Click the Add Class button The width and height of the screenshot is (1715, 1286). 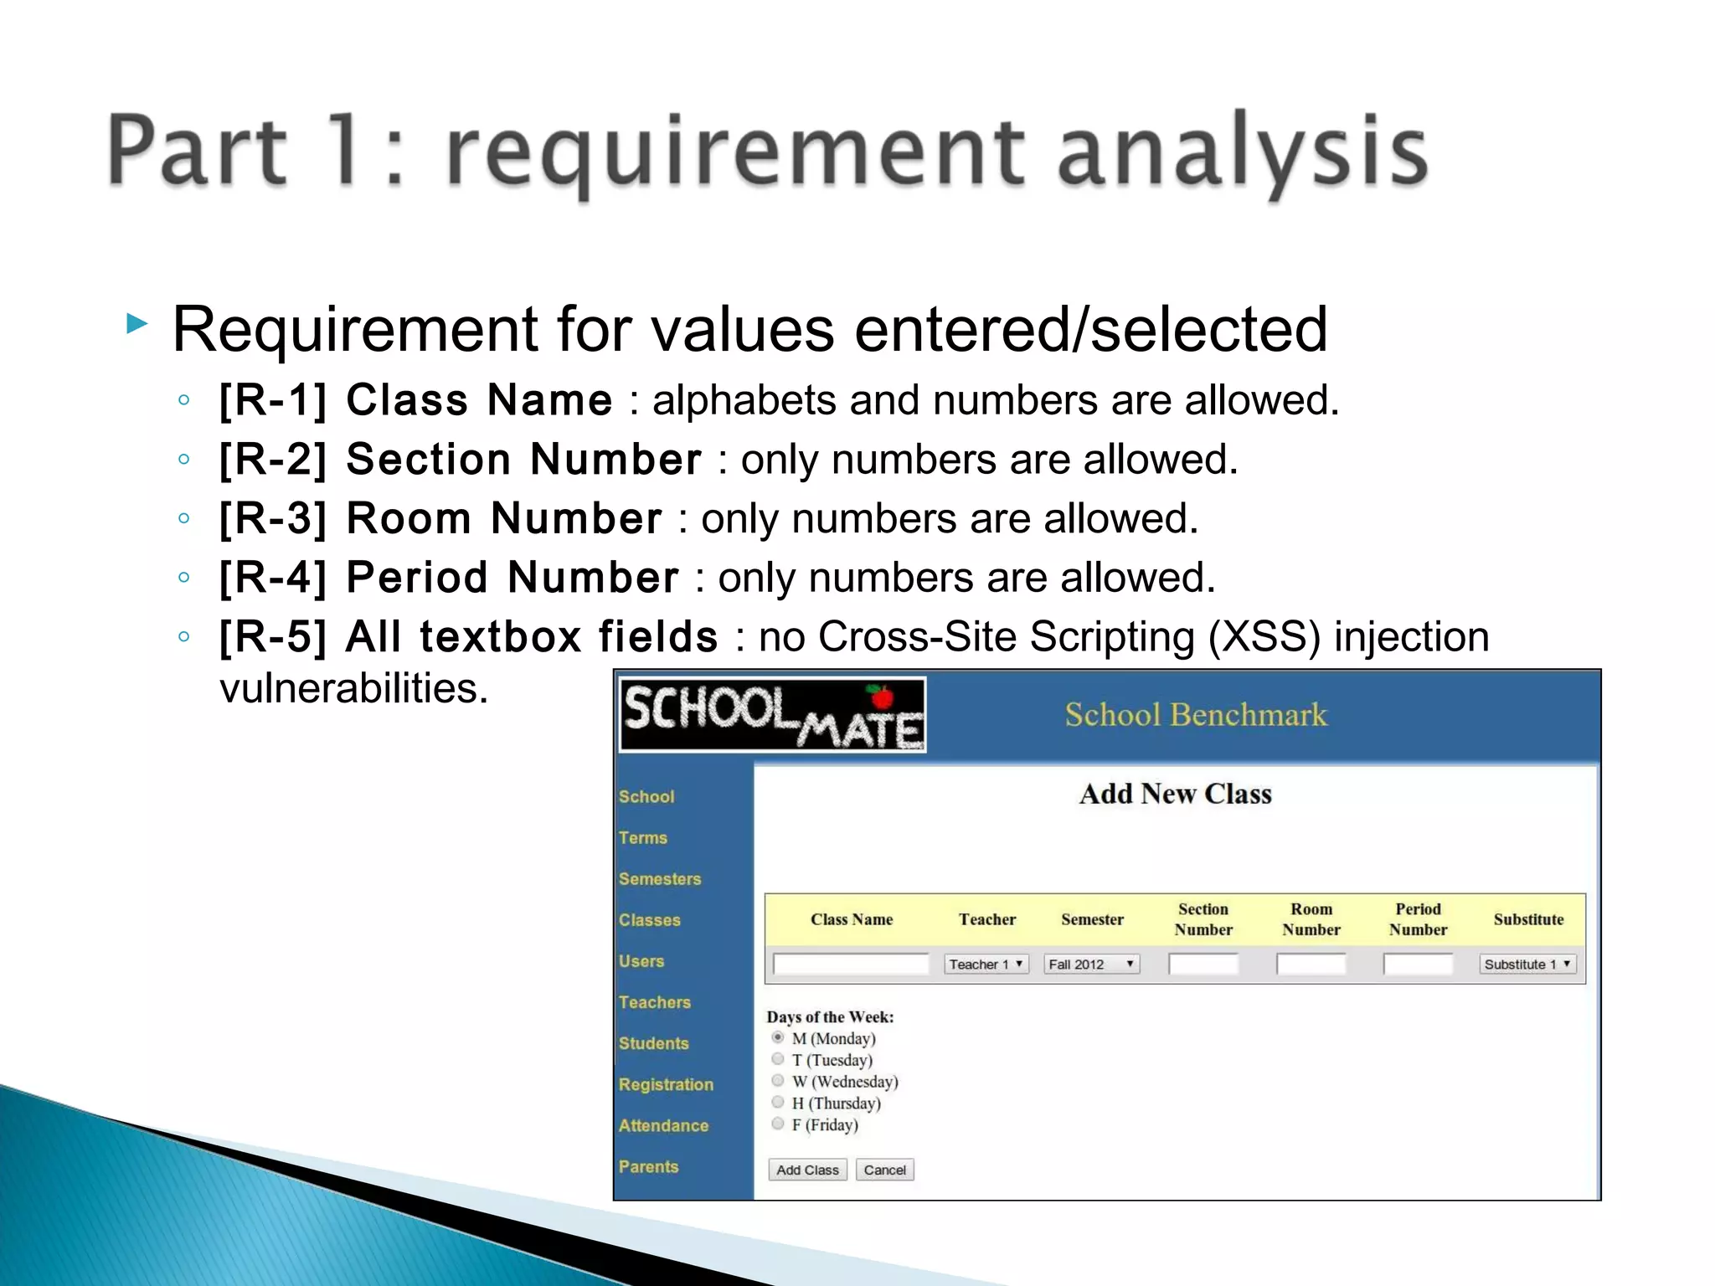pos(807,1170)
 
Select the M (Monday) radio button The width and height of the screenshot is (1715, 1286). pos(778,1037)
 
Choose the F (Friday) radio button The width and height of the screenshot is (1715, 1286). pos(778,1124)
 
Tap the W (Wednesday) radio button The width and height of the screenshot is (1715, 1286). pos(778,1081)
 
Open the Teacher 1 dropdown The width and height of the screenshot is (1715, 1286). pos(986,964)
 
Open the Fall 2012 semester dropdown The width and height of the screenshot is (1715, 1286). pos(1091,964)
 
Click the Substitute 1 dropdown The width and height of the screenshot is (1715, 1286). pos(1527,964)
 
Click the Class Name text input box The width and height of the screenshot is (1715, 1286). pos(851,964)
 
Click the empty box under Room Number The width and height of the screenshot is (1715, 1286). pos(1311,964)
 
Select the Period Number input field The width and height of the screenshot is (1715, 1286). pos(1418,964)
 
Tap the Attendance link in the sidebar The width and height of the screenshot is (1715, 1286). pos(663,1125)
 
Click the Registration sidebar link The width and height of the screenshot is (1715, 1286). pos(666,1084)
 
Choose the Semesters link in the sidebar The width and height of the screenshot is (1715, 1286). pos(660,878)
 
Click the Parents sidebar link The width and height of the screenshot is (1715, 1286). pos(648,1166)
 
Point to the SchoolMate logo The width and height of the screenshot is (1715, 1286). pos(772,715)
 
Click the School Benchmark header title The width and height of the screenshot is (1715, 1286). pos(1195,715)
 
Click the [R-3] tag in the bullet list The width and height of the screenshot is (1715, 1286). pos(272,518)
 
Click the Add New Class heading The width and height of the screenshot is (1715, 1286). pos(1175,794)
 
